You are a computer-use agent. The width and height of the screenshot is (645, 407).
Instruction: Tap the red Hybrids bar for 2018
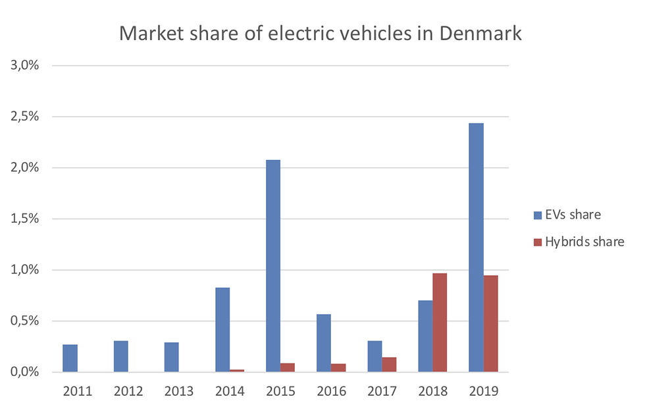440,322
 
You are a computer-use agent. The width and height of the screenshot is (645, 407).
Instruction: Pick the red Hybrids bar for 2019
491,323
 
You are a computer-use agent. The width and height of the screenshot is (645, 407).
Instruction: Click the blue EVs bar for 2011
70,358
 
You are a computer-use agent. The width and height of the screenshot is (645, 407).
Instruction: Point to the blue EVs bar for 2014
222,329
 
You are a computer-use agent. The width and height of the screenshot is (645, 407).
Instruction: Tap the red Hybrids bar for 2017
389,364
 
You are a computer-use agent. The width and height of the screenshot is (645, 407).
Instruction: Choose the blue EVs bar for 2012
121,356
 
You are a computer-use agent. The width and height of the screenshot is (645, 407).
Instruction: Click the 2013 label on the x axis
179,391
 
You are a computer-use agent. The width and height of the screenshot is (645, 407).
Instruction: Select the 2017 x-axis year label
382,391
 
